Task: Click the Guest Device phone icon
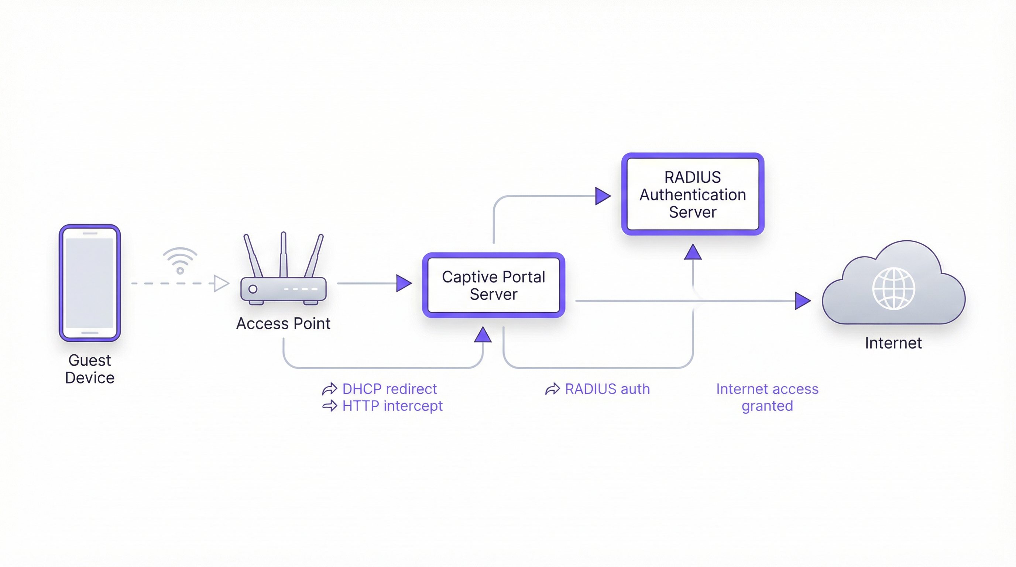pyautogui.click(x=90, y=283)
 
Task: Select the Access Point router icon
pyautogui.click(x=283, y=276)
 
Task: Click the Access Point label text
pyautogui.click(x=283, y=324)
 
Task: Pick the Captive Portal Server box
pyautogui.click(x=493, y=285)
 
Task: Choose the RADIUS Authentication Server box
pyautogui.click(x=693, y=195)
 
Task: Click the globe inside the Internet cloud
pyautogui.click(x=893, y=288)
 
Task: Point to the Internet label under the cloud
pyautogui.click(x=893, y=343)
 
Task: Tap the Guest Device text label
pyautogui.click(x=90, y=369)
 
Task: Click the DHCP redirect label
pyautogui.click(x=389, y=389)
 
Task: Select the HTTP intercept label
pyautogui.click(x=392, y=406)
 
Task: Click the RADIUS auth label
pyautogui.click(x=607, y=389)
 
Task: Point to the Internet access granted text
pyautogui.click(x=767, y=398)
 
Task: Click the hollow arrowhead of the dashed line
pyautogui.click(x=221, y=283)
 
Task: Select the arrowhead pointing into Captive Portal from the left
pyautogui.click(x=404, y=283)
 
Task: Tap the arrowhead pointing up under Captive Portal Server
pyautogui.click(x=483, y=335)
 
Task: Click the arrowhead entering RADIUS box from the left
pyautogui.click(x=603, y=196)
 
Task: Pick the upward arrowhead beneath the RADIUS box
pyautogui.click(x=693, y=252)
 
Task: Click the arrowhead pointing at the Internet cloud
pyautogui.click(x=802, y=301)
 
